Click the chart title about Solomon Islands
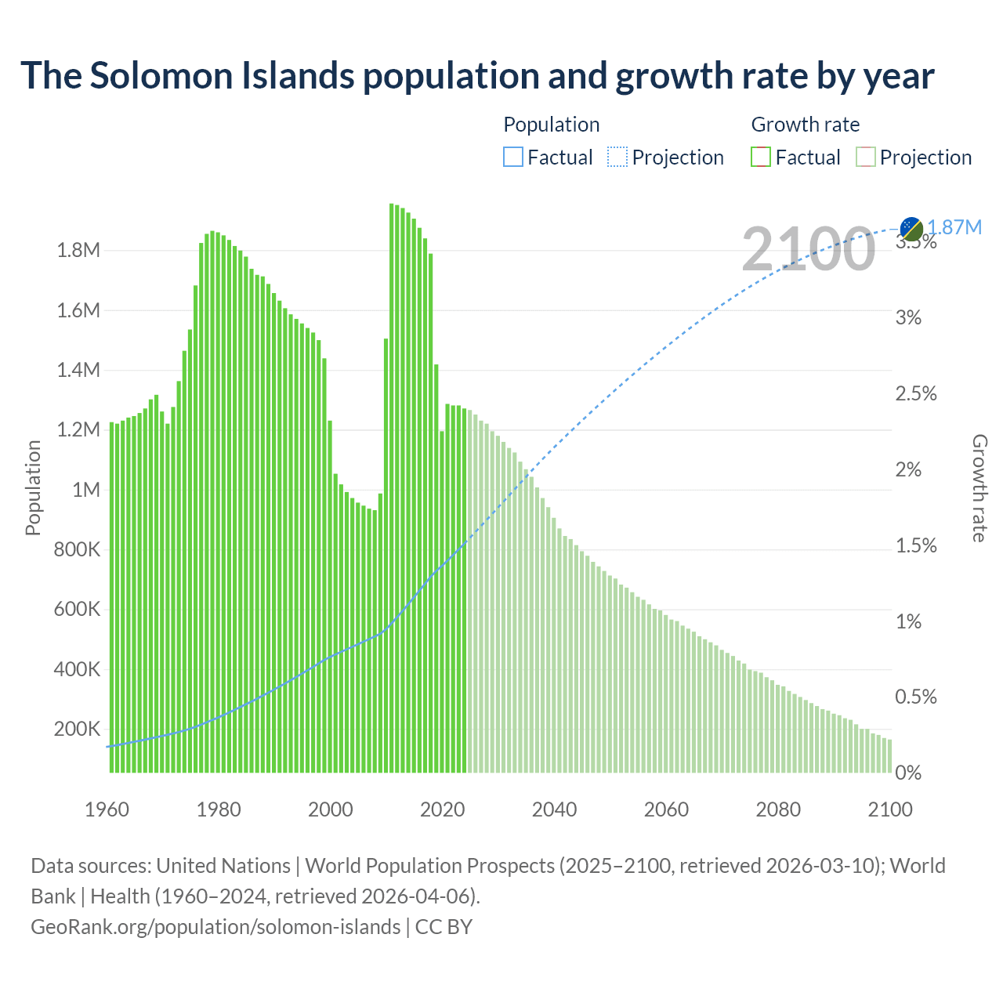[x=477, y=76]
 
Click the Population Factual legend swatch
[x=512, y=157]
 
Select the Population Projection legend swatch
[x=617, y=157]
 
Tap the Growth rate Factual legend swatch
[x=760, y=157]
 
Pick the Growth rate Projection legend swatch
[x=865, y=157]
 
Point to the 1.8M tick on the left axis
[x=78, y=251]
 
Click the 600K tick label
[x=77, y=610]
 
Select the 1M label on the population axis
[x=86, y=491]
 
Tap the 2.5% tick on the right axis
[x=916, y=394]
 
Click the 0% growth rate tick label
[x=909, y=773]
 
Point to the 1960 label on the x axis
[x=107, y=809]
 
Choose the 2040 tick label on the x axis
[x=554, y=809]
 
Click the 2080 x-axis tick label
[x=778, y=809]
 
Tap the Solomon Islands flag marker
[x=911, y=229]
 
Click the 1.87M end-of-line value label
[x=954, y=227]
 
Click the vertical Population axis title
[x=33, y=487]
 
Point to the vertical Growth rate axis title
[x=979, y=487]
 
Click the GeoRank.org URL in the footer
[x=215, y=927]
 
